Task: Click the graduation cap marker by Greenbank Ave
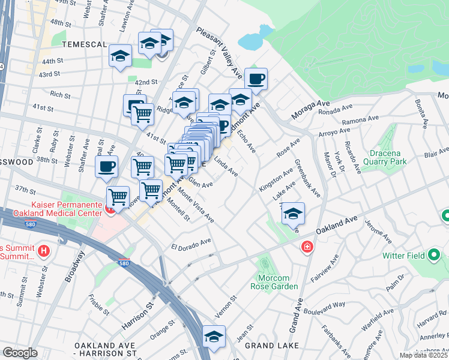(293, 214)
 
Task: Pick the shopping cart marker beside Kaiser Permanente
(118, 196)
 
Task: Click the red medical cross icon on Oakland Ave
(307, 247)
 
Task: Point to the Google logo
(20, 352)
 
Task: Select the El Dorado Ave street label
(191, 244)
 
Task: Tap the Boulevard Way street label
(325, 305)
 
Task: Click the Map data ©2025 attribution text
(423, 355)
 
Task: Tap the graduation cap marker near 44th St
(120, 56)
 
